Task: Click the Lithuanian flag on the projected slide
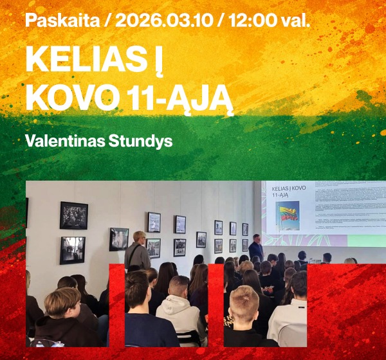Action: pyautogui.click(x=287, y=215)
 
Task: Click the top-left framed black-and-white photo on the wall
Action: pyautogui.click(x=73, y=215)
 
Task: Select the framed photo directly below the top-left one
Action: pyautogui.click(x=72, y=249)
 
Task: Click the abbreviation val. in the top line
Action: pyautogui.click(x=297, y=21)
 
